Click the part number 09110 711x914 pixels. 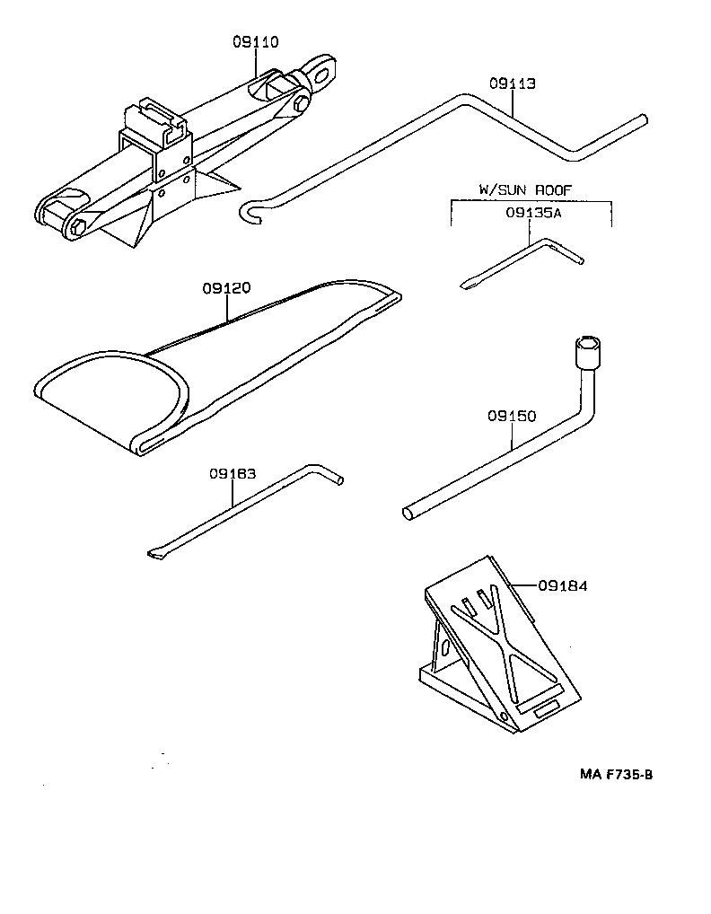(x=256, y=41)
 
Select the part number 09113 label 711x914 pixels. (x=512, y=83)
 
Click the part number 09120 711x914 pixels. (x=226, y=288)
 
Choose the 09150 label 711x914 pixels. (x=512, y=417)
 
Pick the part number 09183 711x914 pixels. (x=233, y=474)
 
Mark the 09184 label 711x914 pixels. (x=562, y=586)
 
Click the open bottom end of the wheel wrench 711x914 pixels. (x=408, y=514)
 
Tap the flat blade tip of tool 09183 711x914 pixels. (x=155, y=555)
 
